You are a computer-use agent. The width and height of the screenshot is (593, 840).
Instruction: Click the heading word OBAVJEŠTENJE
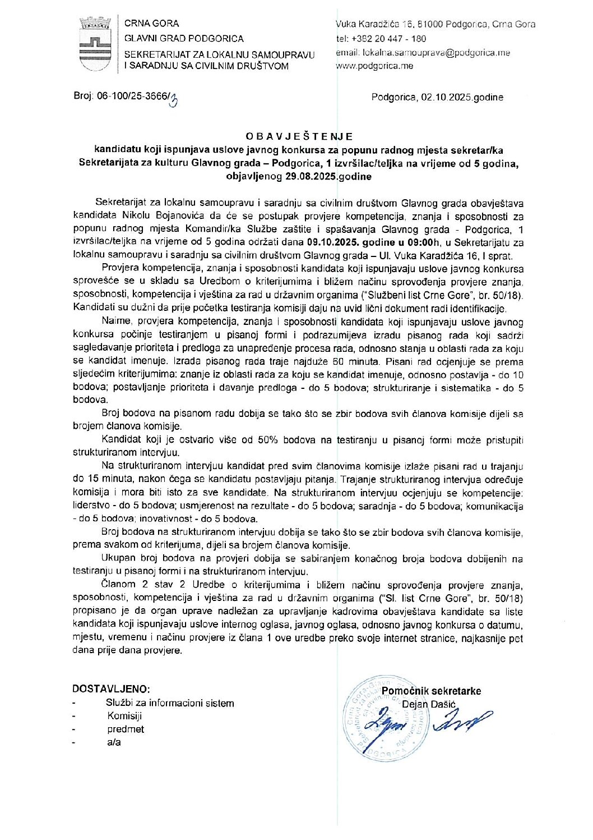pos(299,136)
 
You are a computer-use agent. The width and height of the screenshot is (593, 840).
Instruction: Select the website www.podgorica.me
pos(374,66)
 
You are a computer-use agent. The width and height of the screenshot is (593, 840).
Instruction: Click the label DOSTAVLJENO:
pos(111,689)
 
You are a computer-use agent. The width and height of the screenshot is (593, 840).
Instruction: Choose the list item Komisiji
pos(124,716)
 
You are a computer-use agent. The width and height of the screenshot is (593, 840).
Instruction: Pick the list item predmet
pos(126,729)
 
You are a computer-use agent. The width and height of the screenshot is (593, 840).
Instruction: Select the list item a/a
pos(114,742)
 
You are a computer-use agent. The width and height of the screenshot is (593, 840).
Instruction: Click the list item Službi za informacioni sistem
pos(170,703)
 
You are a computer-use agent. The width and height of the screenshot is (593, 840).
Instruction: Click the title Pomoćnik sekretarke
pos(431,691)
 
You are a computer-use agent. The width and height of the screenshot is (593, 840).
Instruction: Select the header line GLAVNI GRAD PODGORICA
pos(184,39)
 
